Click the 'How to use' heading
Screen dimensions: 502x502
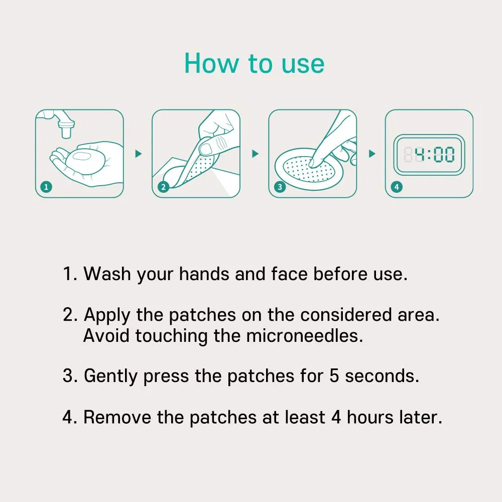pyautogui.click(x=254, y=64)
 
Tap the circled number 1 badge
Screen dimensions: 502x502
pyautogui.click(x=46, y=187)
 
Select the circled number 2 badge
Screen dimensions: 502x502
pyautogui.click(x=163, y=187)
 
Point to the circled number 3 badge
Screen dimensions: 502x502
pyautogui.click(x=280, y=187)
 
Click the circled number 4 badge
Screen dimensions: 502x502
pyautogui.click(x=397, y=187)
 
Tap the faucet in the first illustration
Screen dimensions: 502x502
pyautogui.click(x=63, y=125)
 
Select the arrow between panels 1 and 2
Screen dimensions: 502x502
pyautogui.click(x=139, y=154)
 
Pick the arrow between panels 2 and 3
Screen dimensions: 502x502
pyautogui.click(x=255, y=154)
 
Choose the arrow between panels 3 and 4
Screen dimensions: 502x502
pyautogui.click(x=372, y=154)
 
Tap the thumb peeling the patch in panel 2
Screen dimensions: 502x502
pyautogui.click(x=207, y=147)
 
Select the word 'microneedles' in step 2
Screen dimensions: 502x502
pyautogui.click(x=304, y=336)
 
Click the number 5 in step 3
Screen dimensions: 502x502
pyautogui.click(x=334, y=376)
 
